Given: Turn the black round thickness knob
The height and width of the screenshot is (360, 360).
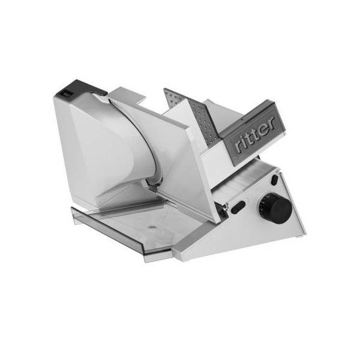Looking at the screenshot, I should coord(277,208).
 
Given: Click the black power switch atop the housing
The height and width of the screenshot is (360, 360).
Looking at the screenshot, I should coord(67,93).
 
